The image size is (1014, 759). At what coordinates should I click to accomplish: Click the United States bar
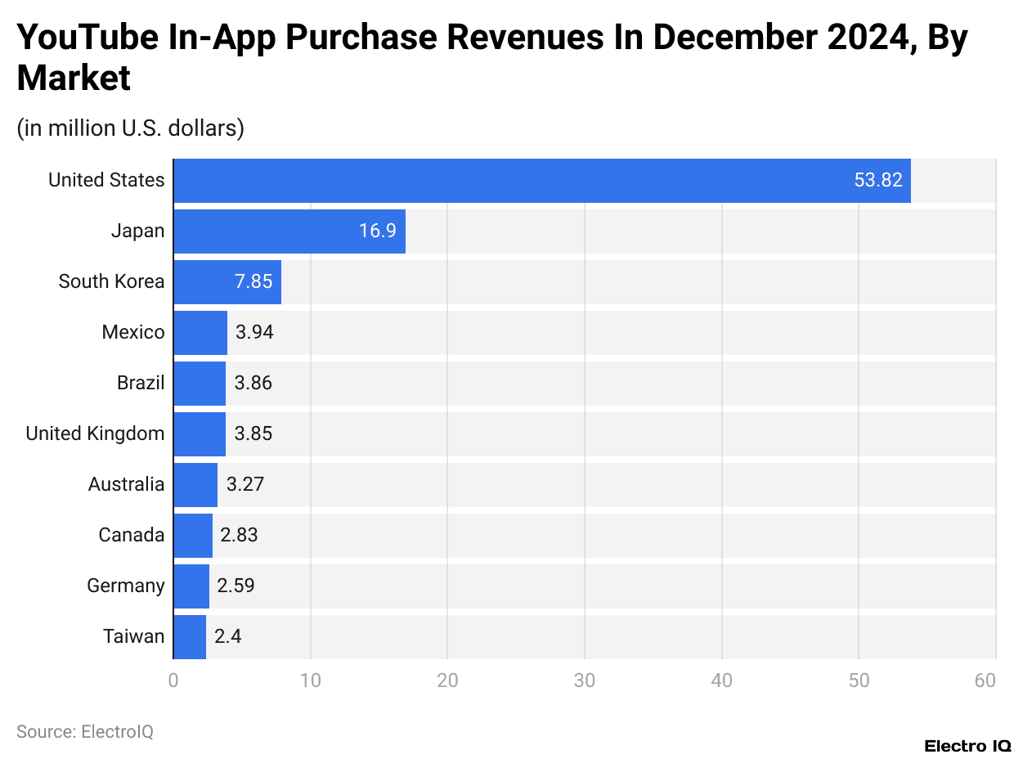541,181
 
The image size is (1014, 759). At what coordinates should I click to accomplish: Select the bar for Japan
289,231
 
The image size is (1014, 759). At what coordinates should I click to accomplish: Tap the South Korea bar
227,282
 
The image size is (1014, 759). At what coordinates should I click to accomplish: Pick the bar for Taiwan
190,636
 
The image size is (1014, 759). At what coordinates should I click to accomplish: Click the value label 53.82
878,181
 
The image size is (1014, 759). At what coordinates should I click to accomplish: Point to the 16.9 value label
377,231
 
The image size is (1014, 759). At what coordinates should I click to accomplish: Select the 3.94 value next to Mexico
253,333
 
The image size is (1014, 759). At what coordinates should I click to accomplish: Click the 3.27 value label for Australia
245,484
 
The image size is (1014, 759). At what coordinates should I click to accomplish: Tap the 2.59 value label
236,586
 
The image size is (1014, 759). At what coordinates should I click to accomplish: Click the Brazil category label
141,383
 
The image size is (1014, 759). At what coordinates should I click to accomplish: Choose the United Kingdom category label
95,433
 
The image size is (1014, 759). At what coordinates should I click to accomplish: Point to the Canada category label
131,535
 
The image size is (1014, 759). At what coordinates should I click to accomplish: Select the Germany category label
125,586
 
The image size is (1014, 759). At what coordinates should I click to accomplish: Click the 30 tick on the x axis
584,680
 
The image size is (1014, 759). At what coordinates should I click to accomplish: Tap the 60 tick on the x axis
985,680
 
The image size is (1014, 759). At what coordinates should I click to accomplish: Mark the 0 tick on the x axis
173,680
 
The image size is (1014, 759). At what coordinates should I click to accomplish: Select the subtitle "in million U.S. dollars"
130,128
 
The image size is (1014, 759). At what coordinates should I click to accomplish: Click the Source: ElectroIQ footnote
85,731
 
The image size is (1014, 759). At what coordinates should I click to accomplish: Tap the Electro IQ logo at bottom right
967,746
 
